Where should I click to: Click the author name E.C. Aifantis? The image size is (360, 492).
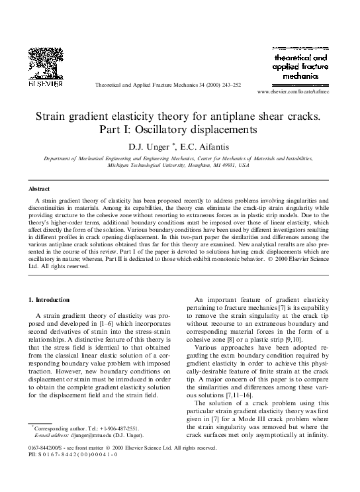(x=208, y=146)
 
